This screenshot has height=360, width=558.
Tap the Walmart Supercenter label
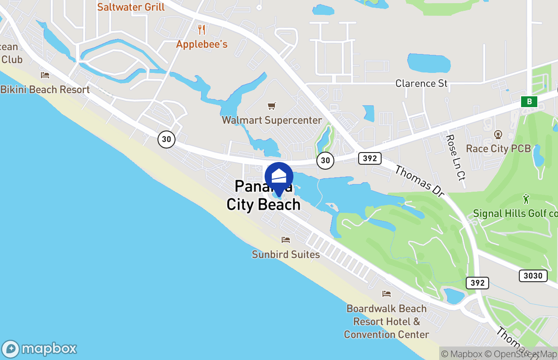tap(272, 120)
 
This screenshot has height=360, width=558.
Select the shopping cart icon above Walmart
tap(271, 106)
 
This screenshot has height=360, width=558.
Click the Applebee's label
tap(202, 44)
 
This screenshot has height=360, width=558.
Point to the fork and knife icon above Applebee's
tap(202, 30)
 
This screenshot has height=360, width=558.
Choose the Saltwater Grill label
tap(131, 7)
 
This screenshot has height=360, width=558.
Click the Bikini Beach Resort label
tap(45, 90)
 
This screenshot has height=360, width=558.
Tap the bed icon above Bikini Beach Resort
tap(45, 75)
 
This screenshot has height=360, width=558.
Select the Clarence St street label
tap(422, 83)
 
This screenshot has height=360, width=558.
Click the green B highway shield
tap(529, 102)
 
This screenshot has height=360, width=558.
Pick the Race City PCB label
tap(498, 148)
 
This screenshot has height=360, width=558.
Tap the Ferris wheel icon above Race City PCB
tap(498, 134)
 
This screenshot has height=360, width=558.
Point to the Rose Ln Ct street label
tap(455, 157)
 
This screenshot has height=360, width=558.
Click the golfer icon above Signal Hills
tap(526, 198)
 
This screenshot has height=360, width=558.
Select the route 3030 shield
tap(533, 275)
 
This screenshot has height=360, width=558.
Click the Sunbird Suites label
tap(286, 254)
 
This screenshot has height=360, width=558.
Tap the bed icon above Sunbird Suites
tap(286, 240)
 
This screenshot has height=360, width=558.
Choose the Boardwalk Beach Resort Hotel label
tap(387, 321)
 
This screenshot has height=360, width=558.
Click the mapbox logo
tap(39, 349)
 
